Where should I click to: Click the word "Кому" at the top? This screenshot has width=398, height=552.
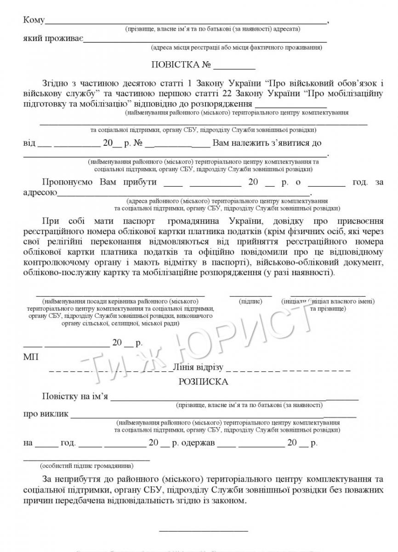click(34, 20)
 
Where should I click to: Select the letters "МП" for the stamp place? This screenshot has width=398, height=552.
click(28, 357)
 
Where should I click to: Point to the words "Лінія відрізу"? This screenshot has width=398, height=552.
click(198, 367)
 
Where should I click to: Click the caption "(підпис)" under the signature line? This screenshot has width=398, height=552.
click(250, 301)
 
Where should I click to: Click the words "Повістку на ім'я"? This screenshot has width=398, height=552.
click(75, 397)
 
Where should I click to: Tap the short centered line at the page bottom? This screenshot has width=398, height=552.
click(203, 531)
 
